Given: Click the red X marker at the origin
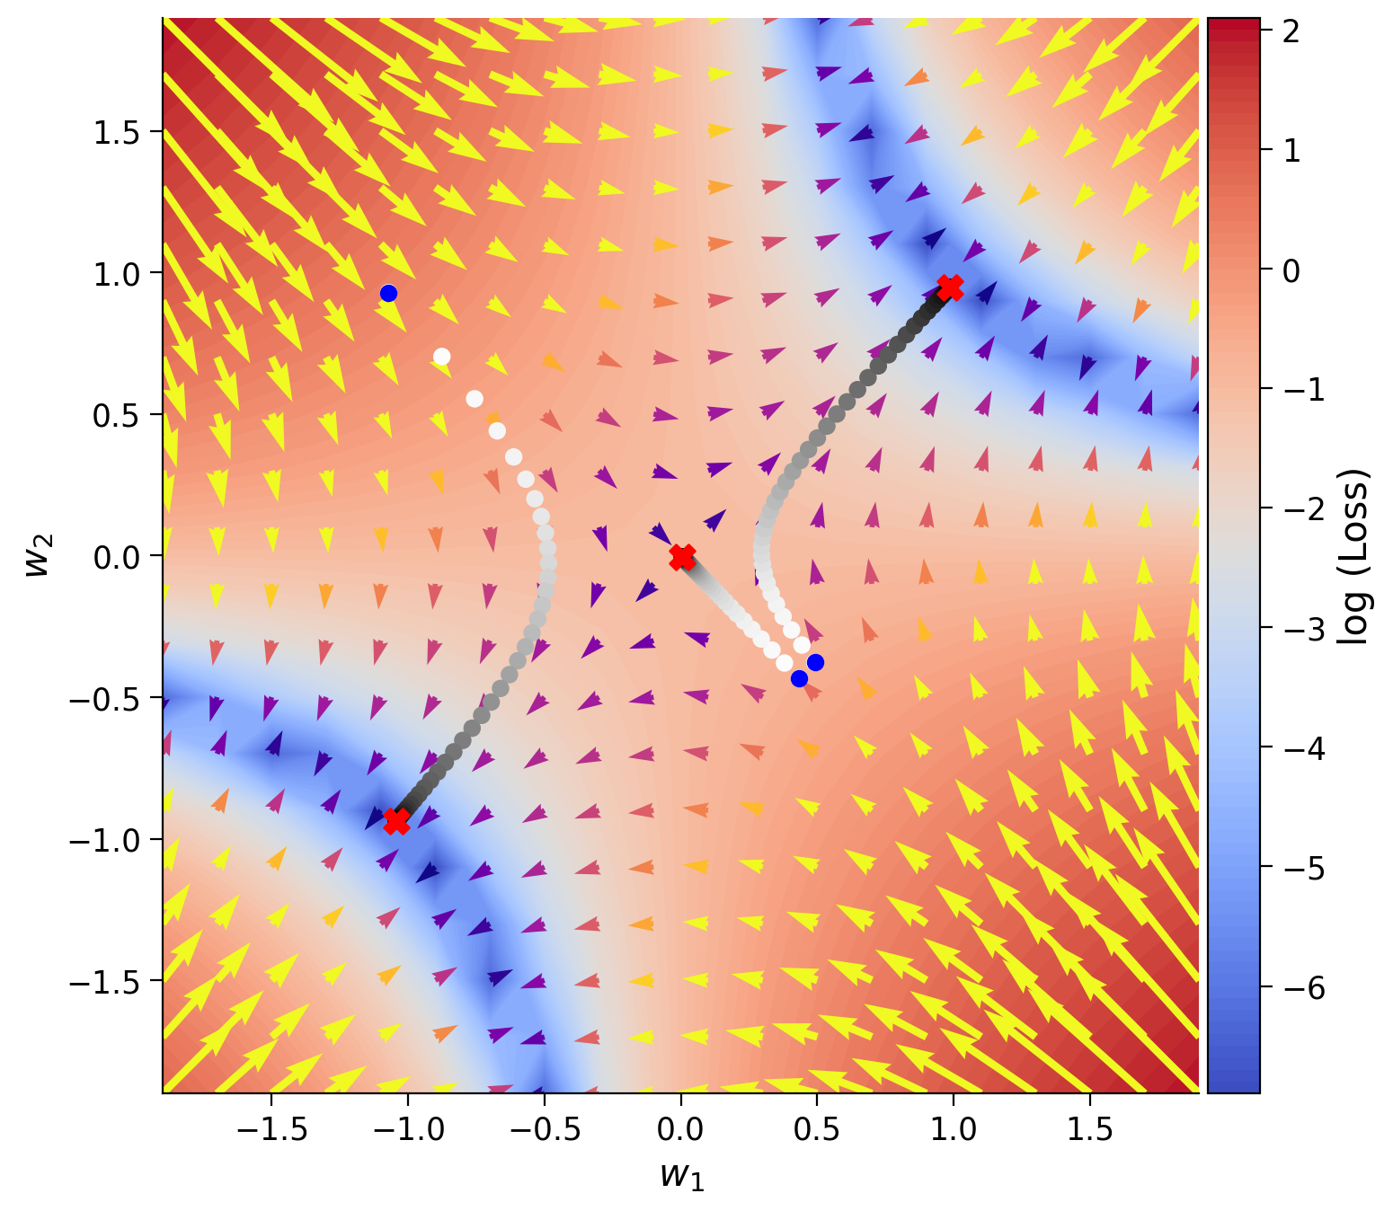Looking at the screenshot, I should (x=682, y=557).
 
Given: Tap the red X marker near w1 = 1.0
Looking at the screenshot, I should (x=950, y=287).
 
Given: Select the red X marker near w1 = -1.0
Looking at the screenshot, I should (x=396, y=821).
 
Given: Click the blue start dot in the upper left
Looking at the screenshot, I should (x=388, y=293).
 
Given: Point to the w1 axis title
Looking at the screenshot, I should (x=682, y=1176).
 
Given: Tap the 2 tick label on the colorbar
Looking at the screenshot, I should (x=1291, y=31).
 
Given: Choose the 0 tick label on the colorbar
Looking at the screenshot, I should (x=1291, y=270).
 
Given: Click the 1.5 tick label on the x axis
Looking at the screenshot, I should (x=1089, y=1129).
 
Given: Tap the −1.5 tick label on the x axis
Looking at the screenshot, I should (x=271, y=1129).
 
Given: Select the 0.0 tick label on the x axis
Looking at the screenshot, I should (x=680, y=1129).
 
